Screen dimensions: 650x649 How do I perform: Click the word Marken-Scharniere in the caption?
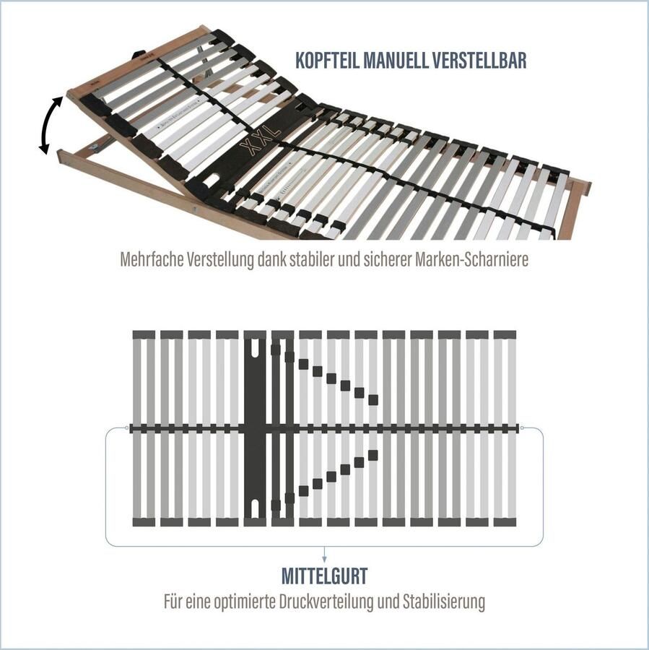point(472,260)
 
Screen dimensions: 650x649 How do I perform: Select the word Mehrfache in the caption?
point(152,260)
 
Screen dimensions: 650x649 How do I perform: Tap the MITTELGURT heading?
point(324,576)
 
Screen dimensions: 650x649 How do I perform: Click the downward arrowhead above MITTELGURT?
point(324,558)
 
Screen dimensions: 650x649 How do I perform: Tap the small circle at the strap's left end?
point(128,428)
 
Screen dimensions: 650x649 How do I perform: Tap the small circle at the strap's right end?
point(520,428)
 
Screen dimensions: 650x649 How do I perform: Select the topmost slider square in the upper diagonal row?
point(275,350)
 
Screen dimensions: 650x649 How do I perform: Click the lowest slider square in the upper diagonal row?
point(373,399)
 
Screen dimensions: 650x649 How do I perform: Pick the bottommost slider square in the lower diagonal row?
point(275,504)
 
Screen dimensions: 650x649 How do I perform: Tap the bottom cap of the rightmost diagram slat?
point(505,521)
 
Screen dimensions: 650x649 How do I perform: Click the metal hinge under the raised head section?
point(95,147)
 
